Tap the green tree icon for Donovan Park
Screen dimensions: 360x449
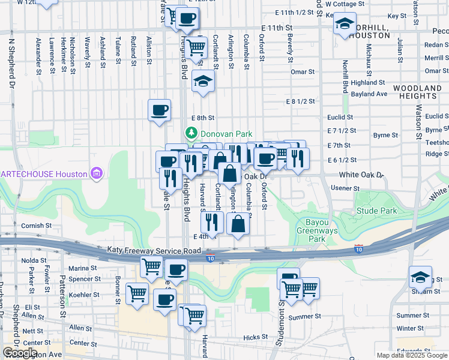(x=191, y=133)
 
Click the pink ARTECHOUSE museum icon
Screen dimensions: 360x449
(x=96, y=174)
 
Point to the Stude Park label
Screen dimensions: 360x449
(x=376, y=211)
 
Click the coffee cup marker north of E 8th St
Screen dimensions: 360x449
(x=160, y=110)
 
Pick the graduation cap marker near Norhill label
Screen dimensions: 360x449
(x=345, y=23)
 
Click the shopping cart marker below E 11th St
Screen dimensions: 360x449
(x=195, y=46)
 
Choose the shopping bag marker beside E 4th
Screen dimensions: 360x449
(x=238, y=224)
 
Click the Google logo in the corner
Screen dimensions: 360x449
(x=20, y=353)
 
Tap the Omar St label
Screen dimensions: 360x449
(x=303, y=72)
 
